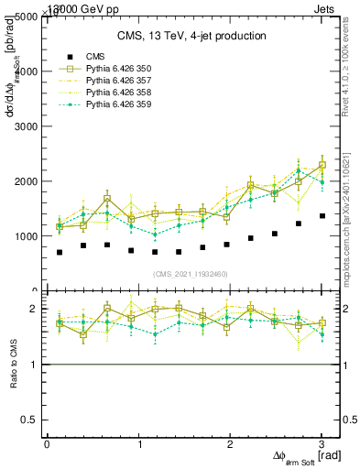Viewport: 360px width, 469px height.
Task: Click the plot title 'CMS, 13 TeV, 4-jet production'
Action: tap(191, 36)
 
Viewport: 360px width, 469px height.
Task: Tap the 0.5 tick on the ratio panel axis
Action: tap(29, 420)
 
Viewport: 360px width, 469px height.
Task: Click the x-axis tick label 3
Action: tap(322, 444)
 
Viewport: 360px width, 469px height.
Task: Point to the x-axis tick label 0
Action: tap(47, 444)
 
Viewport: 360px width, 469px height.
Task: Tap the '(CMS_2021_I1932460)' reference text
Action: tap(191, 272)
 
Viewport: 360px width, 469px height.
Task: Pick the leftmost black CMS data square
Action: tap(60, 252)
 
